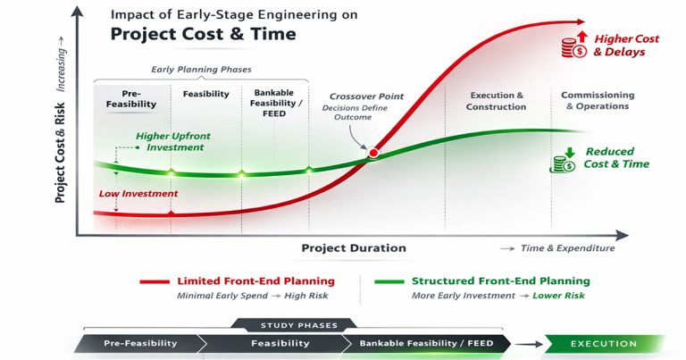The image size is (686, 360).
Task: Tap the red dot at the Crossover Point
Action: tap(373, 153)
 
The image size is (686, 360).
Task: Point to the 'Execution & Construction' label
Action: tap(496, 101)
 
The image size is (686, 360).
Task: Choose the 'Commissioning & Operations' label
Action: tap(597, 101)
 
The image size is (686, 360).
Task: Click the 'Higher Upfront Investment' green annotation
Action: tap(171, 142)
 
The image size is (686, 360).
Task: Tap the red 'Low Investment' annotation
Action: tap(138, 194)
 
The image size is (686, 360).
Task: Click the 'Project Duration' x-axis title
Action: tap(353, 248)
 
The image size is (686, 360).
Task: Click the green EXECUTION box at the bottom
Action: tap(604, 342)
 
